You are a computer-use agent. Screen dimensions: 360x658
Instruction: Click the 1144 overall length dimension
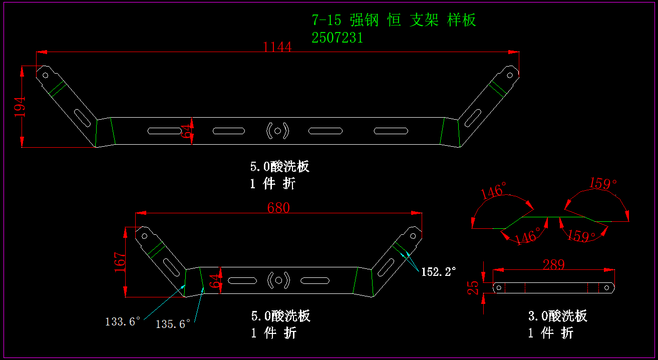(x=277, y=47)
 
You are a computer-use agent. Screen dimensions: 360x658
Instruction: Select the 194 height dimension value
(x=20, y=107)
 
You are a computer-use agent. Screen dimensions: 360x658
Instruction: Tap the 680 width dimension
(x=278, y=208)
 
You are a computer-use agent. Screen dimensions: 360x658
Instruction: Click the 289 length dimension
(x=553, y=265)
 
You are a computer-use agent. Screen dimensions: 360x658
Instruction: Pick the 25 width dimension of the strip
(x=473, y=287)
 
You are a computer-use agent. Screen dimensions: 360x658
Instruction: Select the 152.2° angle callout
(x=439, y=272)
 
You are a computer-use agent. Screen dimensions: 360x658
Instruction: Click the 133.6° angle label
(x=123, y=321)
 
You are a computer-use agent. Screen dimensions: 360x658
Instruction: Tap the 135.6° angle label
(x=173, y=324)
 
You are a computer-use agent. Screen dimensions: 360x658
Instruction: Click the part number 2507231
(x=338, y=38)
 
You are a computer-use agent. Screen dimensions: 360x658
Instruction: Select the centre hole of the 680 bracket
(x=278, y=280)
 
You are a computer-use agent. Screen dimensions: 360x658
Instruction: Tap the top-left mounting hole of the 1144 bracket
(x=45, y=76)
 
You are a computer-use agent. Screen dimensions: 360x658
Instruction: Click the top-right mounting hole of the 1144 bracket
(x=510, y=76)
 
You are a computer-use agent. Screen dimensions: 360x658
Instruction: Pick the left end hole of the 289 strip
(x=498, y=287)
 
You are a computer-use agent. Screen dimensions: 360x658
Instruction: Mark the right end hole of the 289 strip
(x=606, y=287)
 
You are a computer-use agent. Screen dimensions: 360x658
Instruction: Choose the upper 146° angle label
(x=493, y=192)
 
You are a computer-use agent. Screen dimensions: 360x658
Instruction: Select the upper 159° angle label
(x=603, y=184)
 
